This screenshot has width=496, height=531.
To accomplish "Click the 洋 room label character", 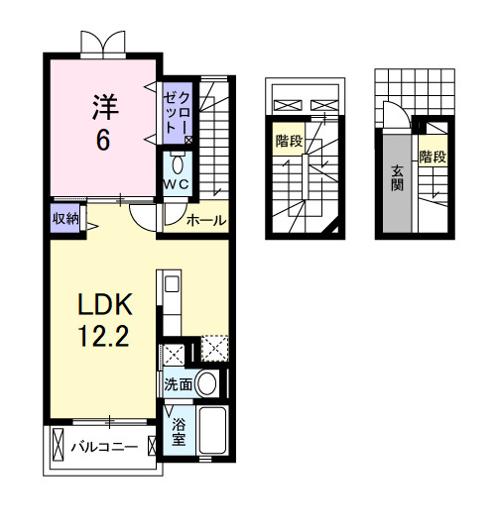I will pyautogui.click(x=106, y=103).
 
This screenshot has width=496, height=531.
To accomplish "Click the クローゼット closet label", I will pyautogui.click(x=180, y=111).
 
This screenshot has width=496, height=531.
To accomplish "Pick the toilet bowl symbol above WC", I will pyautogui.click(x=179, y=163).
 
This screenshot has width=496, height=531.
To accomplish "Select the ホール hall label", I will pyautogui.click(x=205, y=219).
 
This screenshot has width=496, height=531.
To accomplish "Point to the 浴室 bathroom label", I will pyautogui.click(x=179, y=433).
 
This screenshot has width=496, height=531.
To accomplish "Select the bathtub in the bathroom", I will pyautogui.click(x=213, y=433).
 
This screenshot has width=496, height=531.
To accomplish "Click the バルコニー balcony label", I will pyautogui.click(x=104, y=447).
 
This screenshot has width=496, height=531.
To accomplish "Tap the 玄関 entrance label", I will pyautogui.click(x=396, y=179).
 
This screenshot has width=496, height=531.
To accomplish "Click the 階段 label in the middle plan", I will pyautogui.click(x=289, y=141).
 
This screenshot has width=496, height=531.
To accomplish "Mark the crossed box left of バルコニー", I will pyautogui.click(x=58, y=446).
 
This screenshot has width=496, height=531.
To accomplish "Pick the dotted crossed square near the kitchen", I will pyautogui.click(x=213, y=349).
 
